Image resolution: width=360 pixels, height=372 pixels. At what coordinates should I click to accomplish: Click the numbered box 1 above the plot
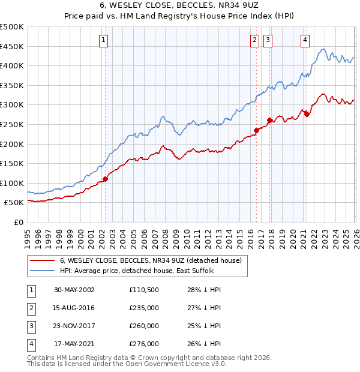(x=104, y=40)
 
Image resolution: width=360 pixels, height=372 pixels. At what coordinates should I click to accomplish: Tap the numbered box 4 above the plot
(x=305, y=40)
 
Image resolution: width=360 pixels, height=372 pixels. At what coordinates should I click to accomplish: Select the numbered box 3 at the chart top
(x=268, y=40)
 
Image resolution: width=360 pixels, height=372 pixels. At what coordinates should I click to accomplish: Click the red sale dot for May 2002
(x=106, y=178)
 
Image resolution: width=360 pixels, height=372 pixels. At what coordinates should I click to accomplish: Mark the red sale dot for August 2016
(x=256, y=130)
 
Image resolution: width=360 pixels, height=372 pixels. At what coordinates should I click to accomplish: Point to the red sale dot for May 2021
(x=307, y=114)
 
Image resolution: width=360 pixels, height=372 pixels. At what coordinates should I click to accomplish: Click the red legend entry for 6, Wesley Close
(x=150, y=260)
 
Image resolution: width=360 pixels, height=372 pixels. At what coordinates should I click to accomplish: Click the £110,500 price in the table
(x=144, y=290)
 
